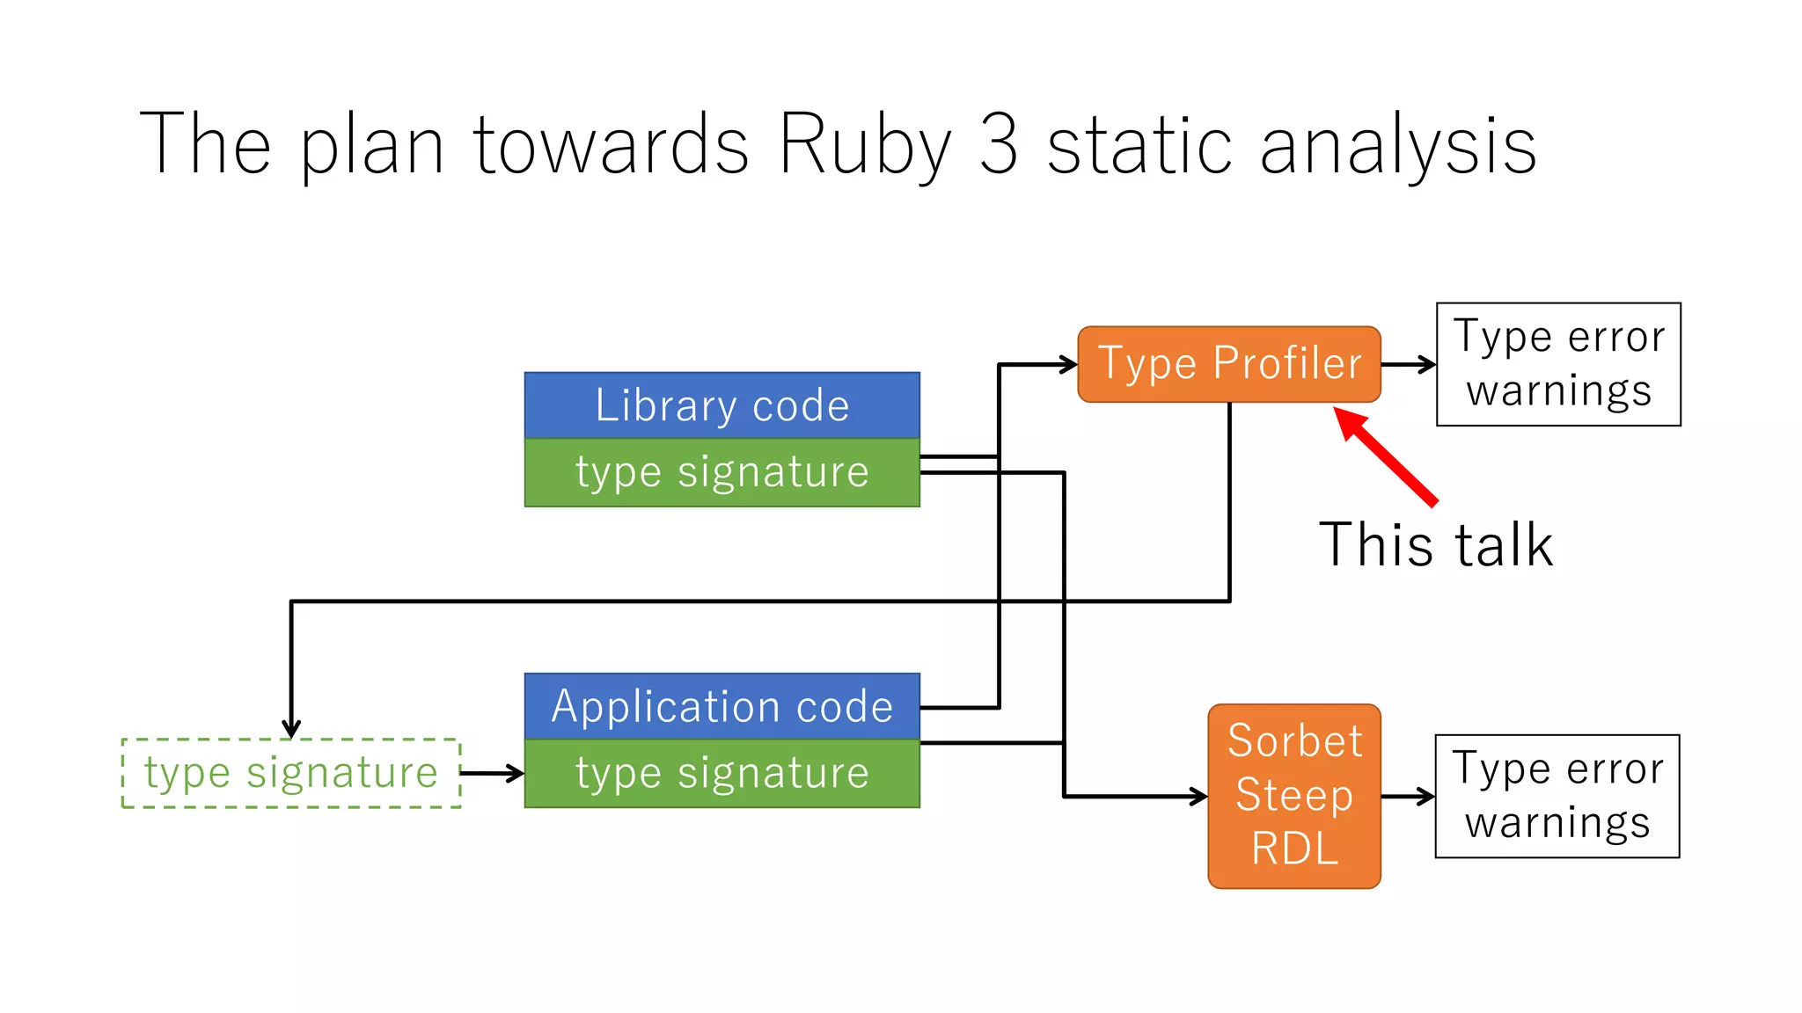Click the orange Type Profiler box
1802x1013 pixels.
[x=1228, y=364]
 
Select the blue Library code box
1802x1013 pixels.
[x=722, y=405]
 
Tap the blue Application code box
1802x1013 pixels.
[x=722, y=706]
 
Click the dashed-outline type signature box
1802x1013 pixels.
[x=290, y=773]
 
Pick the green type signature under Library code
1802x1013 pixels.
[x=722, y=473]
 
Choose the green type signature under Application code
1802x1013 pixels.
[x=722, y=774]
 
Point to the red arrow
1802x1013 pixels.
[x=1386, y=456]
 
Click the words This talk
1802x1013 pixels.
[x=1435, y=545]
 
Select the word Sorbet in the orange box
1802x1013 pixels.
[x=1294, y=740]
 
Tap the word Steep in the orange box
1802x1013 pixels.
[x=1294, y=795]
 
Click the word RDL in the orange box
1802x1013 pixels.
[x=1294, y=849]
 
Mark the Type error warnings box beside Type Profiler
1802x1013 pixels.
[x=1558, y=364]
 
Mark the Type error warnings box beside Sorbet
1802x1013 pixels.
[x=1557, y=796]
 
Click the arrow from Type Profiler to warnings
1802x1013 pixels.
[x=1408, y=364]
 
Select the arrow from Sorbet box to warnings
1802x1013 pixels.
[x=1408, y=797]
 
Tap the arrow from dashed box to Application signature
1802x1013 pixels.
[x=492, y=774]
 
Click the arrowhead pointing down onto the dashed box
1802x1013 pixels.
[x=291, y=729]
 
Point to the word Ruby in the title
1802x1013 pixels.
[x=864, y=145]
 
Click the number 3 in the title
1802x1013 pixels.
[x=998, y=145]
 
